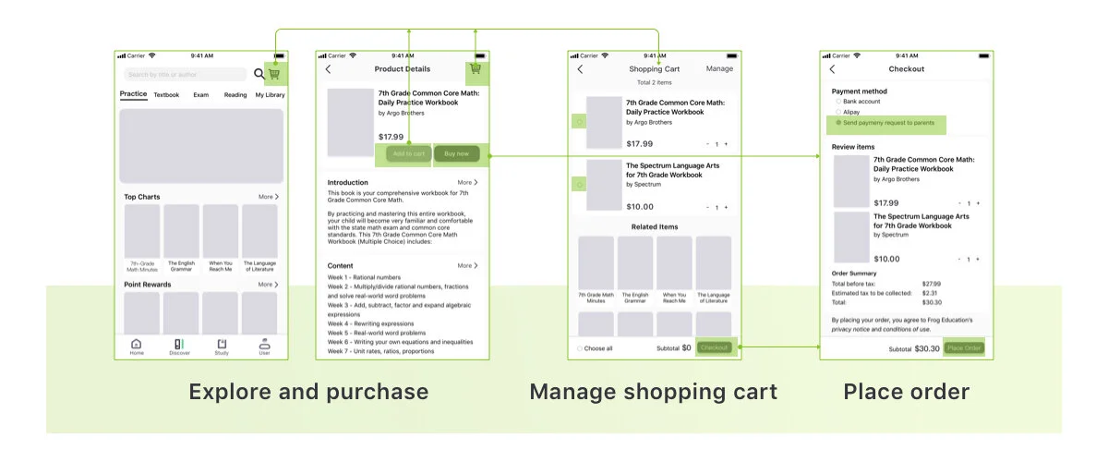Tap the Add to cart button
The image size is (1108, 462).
point(409,153)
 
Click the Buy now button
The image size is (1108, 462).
point(456,153)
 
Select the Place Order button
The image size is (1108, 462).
point(964,348)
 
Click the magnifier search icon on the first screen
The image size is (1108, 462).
point(259,74)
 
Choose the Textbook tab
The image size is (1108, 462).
point(167,95)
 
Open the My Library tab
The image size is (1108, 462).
point(270,95)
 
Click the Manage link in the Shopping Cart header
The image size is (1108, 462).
point(719,69)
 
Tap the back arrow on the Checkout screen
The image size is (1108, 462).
point(832,69)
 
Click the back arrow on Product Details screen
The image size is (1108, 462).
point(328,69)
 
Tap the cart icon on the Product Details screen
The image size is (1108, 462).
point(476,68)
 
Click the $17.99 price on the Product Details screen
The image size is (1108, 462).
point(391,137)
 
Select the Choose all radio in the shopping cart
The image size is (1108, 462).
point(580,348)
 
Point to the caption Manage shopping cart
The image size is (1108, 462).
point(653,392)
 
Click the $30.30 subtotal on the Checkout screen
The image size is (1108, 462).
point(927,348)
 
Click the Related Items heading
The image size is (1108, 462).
point(655,226)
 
